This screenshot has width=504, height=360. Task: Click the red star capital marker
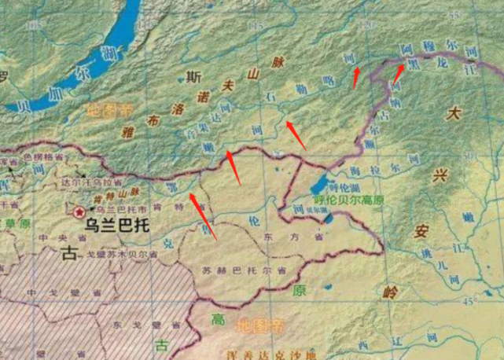point(79,212)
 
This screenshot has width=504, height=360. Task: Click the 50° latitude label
point(469,155)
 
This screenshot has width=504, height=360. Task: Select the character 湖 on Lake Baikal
point(116,53)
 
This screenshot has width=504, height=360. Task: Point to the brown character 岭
point(390,292)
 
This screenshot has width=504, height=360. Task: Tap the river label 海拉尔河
point(383,169)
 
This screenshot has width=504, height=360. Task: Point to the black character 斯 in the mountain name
point(193,77)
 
